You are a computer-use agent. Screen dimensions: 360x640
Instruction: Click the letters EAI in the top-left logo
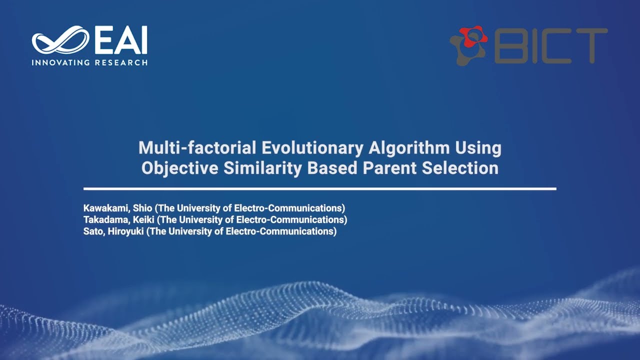(x=120, y=40)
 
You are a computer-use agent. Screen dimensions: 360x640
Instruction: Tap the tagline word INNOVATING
(x=60, y=62)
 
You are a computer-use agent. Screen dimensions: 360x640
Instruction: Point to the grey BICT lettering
(x=550, y=46)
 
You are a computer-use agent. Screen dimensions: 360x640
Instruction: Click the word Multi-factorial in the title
(x=197, y=148)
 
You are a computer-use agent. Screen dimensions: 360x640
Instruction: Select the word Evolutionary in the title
(x=312, y=148)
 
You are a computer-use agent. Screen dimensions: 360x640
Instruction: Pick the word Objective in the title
(x=179, y=168)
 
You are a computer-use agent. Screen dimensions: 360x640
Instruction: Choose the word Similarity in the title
(x=263, y=168)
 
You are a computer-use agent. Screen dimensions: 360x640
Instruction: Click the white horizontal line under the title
(x=320, y=189)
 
